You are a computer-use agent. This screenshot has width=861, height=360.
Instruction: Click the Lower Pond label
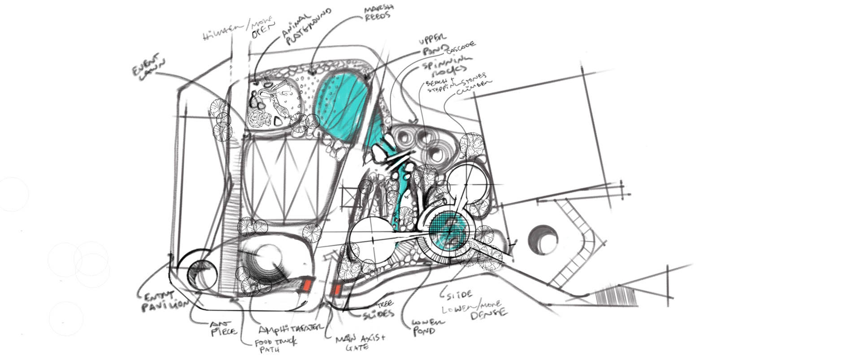click(423, 327)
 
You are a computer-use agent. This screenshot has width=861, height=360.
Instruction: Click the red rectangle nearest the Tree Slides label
click(335, 290)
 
